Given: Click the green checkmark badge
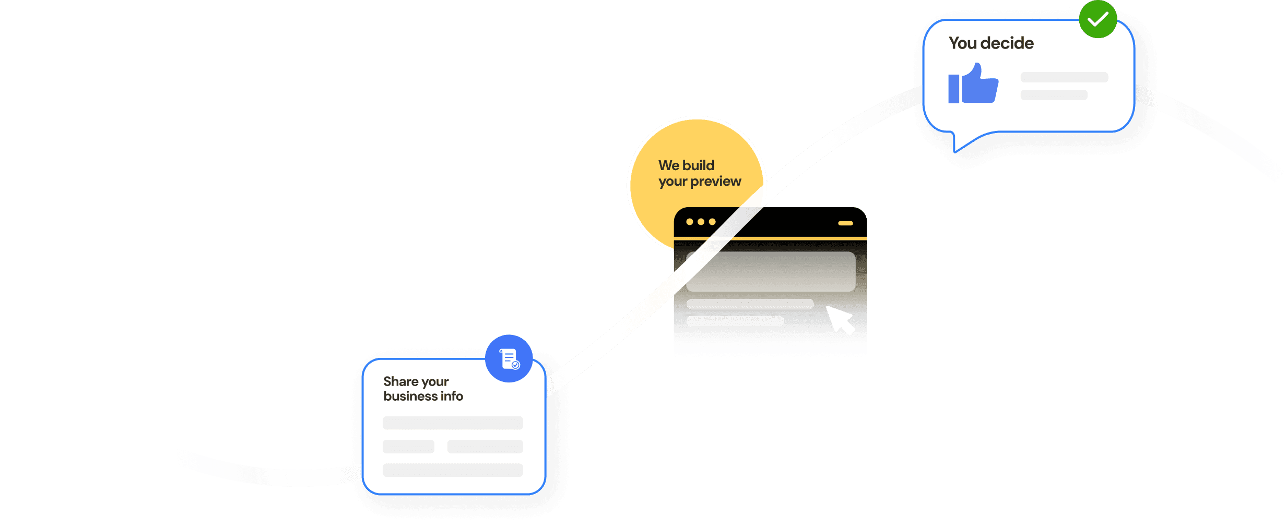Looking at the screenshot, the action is click(1098, 19).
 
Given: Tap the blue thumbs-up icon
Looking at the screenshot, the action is click(974, 85).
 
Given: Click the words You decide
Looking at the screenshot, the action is click(990, 43).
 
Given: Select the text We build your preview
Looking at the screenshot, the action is click(699, 173).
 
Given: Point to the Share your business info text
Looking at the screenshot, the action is click(423, 389).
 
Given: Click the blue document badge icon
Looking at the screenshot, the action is click(509, 358).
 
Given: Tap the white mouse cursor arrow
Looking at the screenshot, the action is click(840, 319).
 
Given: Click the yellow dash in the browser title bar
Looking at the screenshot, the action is click(845, 223).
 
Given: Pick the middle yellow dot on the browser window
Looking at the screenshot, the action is click(701, 222).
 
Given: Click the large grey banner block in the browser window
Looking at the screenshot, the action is click(771, 272).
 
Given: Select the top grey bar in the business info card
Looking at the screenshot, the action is click(453, 423).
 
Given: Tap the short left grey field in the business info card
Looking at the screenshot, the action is click(408, 447).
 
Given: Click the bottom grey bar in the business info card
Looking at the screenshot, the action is click(453, 470).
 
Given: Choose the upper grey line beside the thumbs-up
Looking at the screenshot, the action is click(1064, 77).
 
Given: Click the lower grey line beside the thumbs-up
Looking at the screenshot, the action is click(1054, 95).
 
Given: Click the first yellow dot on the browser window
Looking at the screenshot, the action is click(690, 222).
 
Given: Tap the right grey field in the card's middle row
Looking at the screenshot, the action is click(485, 447).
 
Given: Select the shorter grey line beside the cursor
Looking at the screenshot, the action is click(735, 321).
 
